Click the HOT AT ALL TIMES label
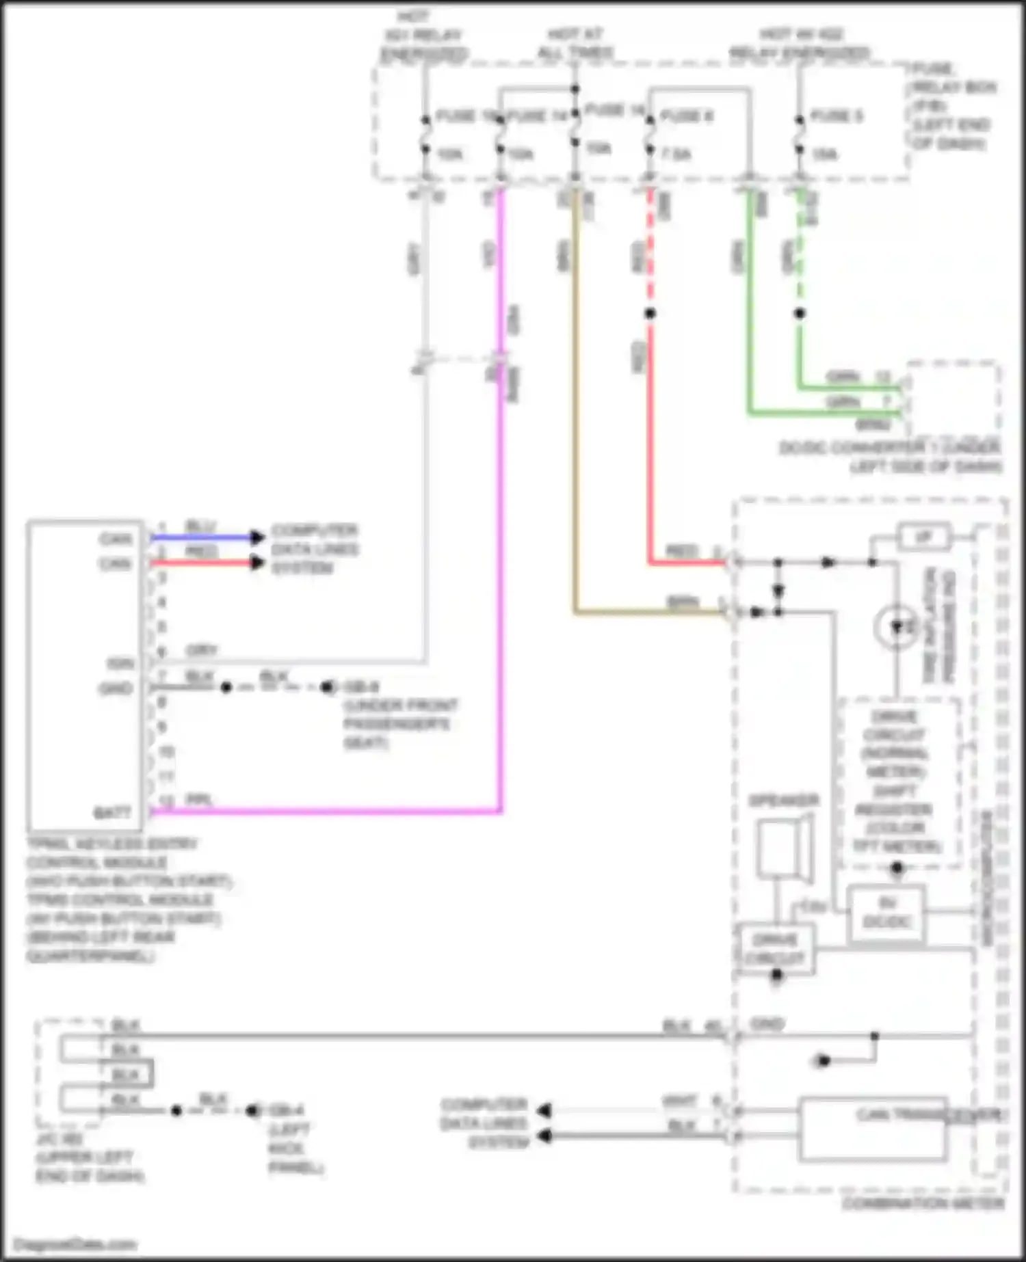(575, 42)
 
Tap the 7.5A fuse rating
(676, 155)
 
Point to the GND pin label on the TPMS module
(115, 688)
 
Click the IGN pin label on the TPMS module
(120, 664)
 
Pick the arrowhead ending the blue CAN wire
(257, 537)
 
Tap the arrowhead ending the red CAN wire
(257, 563)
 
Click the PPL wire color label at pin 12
(199, 800)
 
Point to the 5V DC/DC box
(886, 913)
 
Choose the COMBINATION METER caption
(923, 1203)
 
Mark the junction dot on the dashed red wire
(650, 314)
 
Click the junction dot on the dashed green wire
(799, 314)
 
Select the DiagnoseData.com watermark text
(75, 1244)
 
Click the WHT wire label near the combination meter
(679, 1101)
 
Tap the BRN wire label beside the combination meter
(683, 602)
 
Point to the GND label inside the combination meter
(767, 1024)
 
